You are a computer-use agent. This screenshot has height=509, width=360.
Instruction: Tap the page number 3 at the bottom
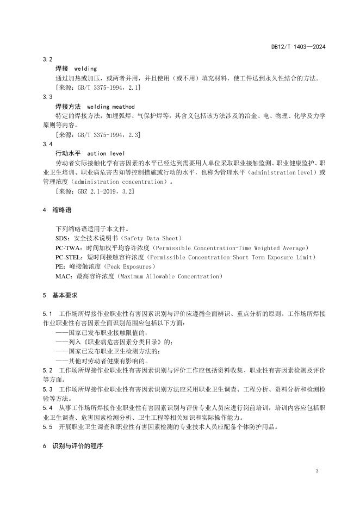[x=318, y=470]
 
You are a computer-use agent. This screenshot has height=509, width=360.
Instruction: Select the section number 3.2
[x=47, y=59]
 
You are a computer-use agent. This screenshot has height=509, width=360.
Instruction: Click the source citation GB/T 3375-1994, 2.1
[x=100, y=87]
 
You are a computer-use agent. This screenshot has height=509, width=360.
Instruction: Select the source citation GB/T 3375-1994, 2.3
[x=100, y=134]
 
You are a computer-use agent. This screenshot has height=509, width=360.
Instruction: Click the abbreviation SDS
[x=61, y=239]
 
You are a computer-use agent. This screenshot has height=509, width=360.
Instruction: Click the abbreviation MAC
[x=62, y=276]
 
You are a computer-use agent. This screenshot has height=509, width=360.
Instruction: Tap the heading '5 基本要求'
[x=60, y=295]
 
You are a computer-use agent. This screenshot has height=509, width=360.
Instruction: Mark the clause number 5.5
[x=47, y=427]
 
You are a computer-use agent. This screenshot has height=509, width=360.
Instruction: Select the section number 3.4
[x=47, y=144]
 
